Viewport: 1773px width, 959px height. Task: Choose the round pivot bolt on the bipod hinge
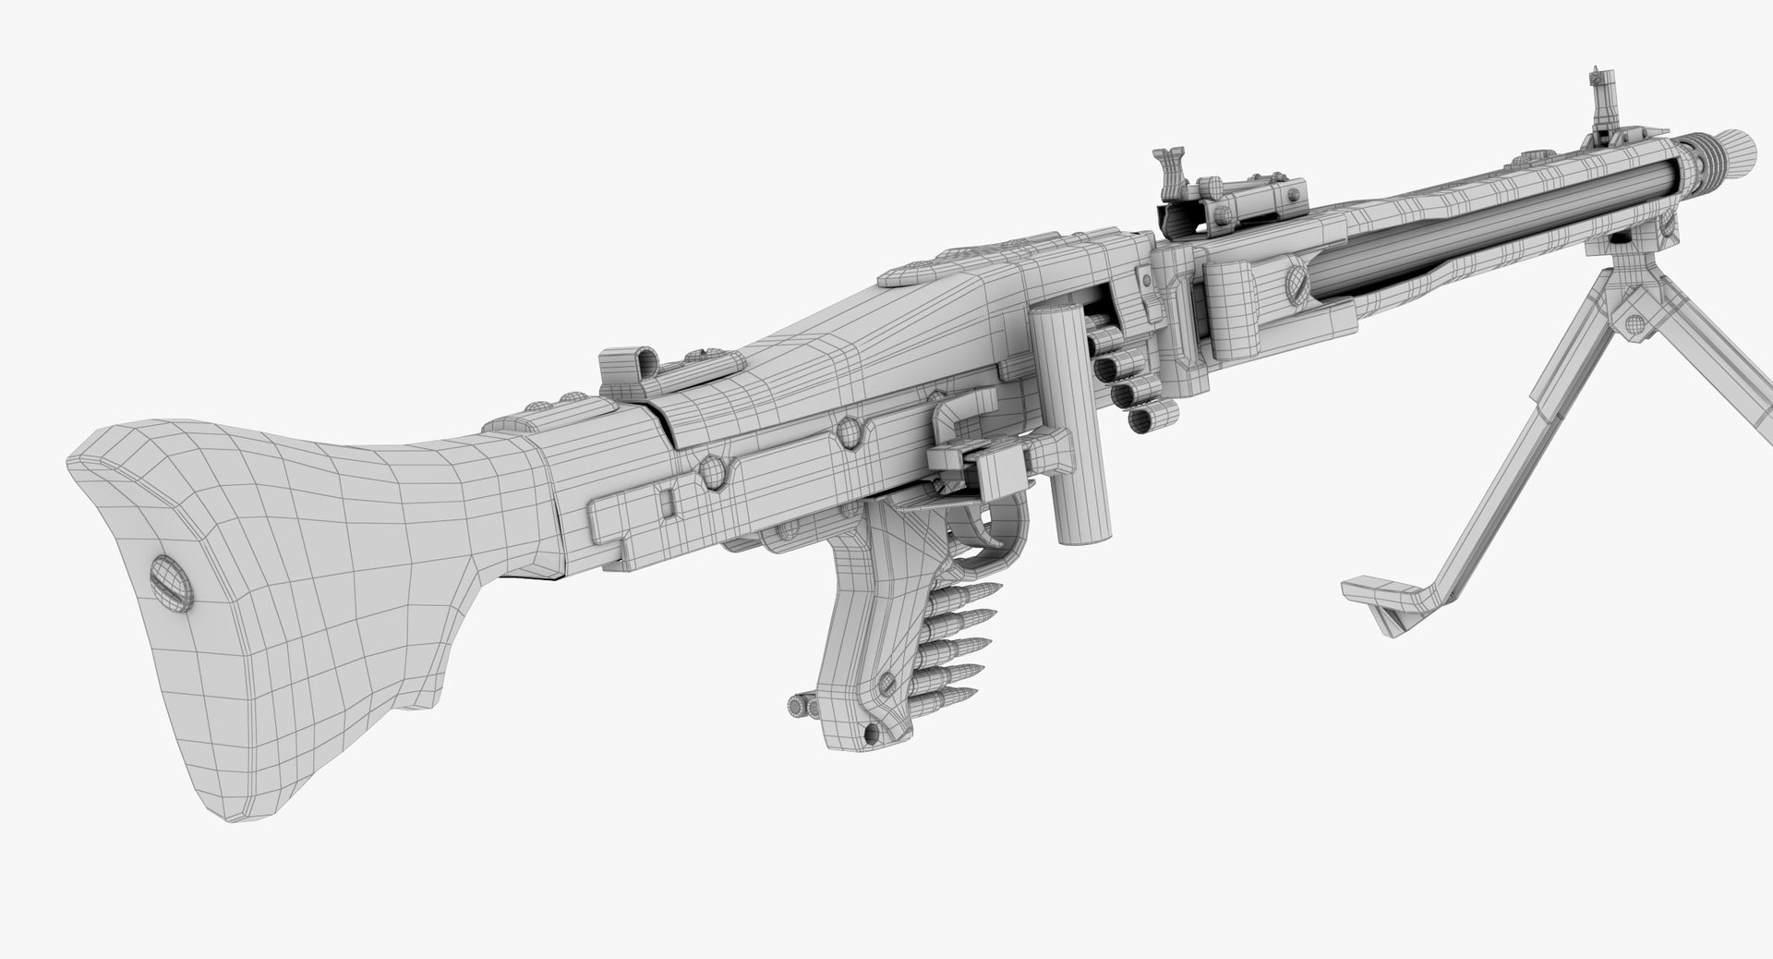(x=1635, y=322)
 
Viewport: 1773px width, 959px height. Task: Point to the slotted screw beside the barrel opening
(x=1294, y=276)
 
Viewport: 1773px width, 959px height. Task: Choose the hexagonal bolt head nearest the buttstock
(x=712, y=471)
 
